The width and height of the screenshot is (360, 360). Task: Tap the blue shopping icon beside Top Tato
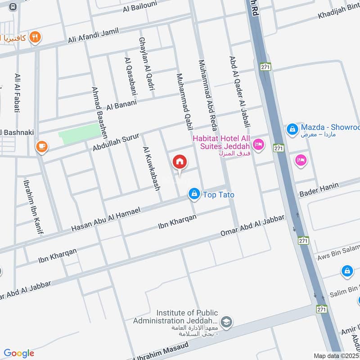click(x=194, y=194)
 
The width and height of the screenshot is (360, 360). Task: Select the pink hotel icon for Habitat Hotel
click(x=258, y=144)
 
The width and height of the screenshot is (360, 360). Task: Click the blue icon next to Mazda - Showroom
click(x=292, y=129)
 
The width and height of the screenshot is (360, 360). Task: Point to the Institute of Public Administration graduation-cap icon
click(x=227, y=321)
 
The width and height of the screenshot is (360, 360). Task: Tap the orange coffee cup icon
click(x=41, y=146)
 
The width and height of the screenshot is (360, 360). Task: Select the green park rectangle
click(x=80, y=134)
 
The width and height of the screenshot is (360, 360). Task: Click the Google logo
click(x=19, y=353)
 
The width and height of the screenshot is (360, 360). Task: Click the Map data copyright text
click(x=336, y=355)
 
